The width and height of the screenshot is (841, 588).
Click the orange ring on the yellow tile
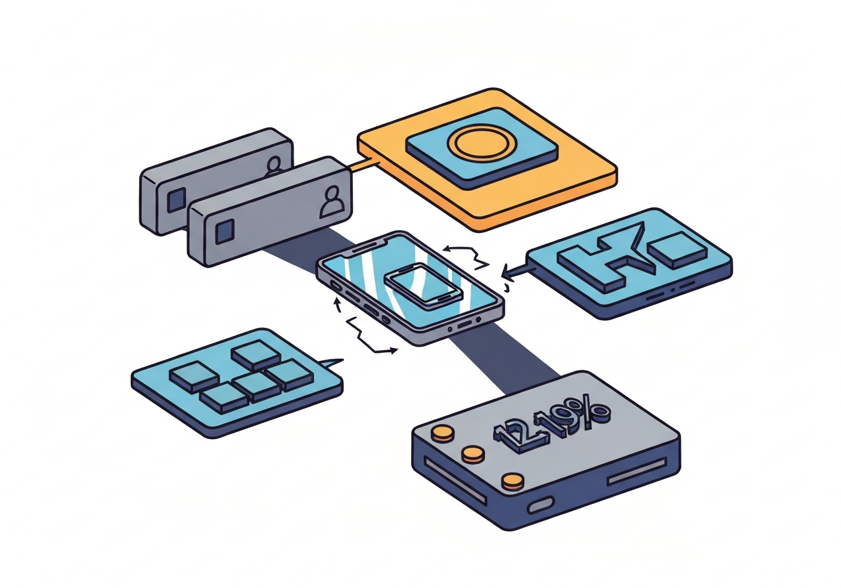(482, 145)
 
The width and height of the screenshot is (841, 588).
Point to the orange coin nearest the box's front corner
(512, 482)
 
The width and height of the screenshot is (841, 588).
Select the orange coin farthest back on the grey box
(443, 432)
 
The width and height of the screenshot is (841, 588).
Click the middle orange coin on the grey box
(472, 453)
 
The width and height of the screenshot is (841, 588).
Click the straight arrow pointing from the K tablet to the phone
(516, 268)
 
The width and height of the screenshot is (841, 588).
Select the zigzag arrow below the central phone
(368, 335)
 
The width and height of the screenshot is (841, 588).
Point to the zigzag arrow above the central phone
(468, 256)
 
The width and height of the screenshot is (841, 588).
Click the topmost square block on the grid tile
(256, 355)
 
